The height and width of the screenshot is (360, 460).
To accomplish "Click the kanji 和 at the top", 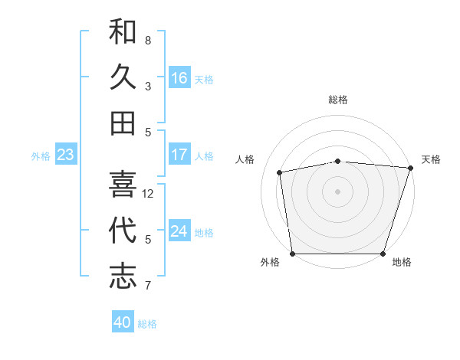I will [123, 32].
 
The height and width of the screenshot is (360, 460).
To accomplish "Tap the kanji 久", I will [123, 77].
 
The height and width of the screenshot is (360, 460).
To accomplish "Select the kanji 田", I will [123, 123].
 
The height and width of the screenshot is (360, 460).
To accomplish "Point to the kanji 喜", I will [123, 184].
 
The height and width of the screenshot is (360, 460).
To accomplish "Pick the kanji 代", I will [123, 230].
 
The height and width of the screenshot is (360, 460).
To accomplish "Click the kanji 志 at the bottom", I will [123, 276].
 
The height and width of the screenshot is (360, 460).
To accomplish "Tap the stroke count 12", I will [148, 194].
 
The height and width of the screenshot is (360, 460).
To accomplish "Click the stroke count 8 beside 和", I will [148, 40].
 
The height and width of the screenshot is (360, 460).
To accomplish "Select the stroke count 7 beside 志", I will [148, 286].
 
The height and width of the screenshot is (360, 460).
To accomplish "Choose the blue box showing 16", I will [179, 77].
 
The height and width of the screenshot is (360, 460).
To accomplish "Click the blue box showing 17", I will [179, 154].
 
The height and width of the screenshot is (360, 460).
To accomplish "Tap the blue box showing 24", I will [179, 231].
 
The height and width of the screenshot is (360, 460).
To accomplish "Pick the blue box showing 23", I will [65, 154].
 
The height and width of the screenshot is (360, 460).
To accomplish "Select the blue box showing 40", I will [123, 322].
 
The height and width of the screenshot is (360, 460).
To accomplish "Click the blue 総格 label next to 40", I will [147, 324].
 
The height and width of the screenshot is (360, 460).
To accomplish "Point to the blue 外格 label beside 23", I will [41, 156].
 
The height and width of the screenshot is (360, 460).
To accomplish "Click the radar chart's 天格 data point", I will [410, 168].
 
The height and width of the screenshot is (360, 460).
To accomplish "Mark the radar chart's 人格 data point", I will [280, 172].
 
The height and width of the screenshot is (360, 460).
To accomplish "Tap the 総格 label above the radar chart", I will [337, 100].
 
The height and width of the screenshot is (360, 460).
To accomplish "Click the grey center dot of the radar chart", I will [337, 191].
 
